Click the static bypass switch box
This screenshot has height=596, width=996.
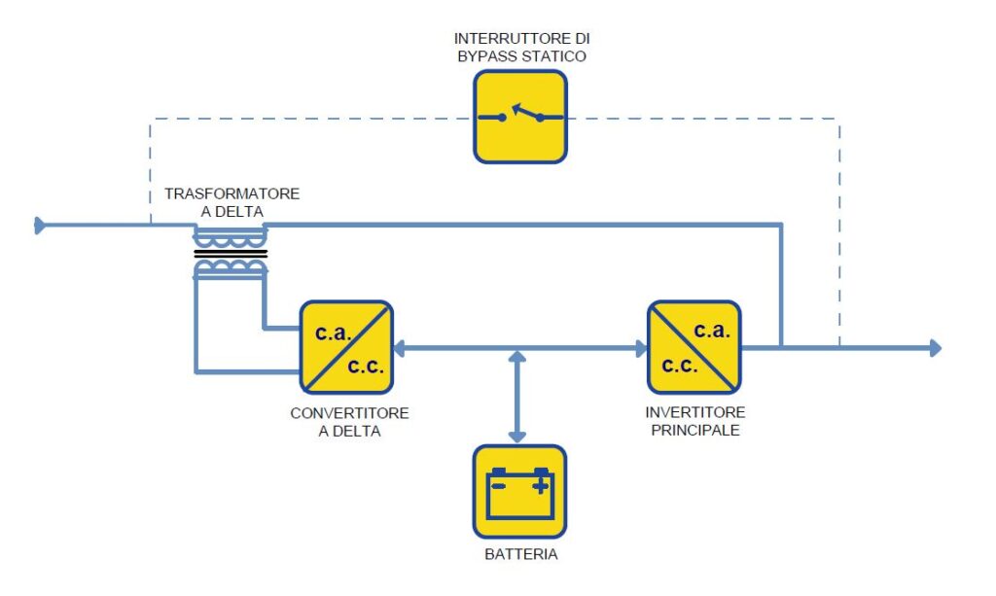click(520, 117)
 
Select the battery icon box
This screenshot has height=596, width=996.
click(519, 491)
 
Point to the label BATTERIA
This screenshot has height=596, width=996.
click(520, 555)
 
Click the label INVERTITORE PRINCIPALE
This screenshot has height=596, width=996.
click(694, 421)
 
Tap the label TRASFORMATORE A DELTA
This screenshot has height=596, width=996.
click(231, 202)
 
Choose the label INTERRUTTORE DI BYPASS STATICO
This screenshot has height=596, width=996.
click(521, 48)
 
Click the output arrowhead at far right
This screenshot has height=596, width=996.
click(935, 347)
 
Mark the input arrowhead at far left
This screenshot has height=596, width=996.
click(41, 226)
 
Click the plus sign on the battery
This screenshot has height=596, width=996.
click(540, 482)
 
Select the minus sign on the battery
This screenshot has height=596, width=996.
click(499, 482)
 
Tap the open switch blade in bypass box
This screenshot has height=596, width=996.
click(526, 112)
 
